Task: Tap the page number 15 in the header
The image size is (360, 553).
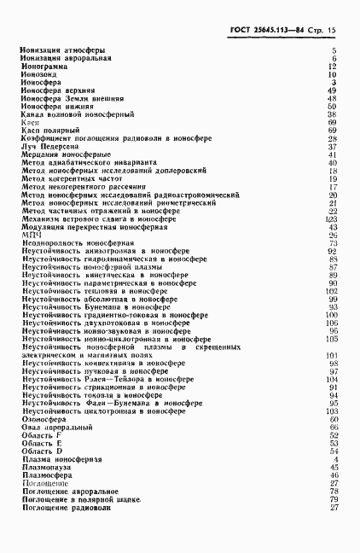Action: coord(334,31)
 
